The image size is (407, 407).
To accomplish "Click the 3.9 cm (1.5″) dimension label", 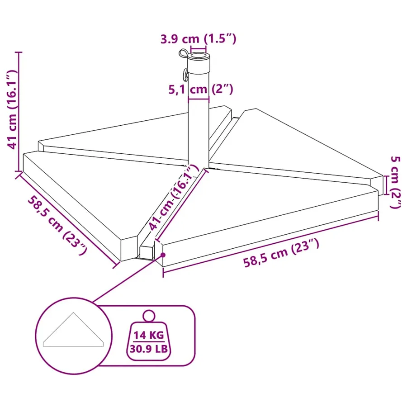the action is pos(199,39).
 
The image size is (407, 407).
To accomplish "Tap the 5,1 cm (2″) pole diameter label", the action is pos(201,89).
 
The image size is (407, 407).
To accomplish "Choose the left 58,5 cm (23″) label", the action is pos(57,225).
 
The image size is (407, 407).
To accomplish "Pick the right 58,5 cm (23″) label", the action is pos(281,253).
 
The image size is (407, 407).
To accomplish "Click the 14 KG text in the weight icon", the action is pos(149,335).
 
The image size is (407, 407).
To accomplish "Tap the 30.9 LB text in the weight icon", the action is pos(149,349).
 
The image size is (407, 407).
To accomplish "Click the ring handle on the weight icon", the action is pos(149,316).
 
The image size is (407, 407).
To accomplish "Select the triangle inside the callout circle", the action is pos(73,330).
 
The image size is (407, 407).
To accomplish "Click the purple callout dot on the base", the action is pos(163,255).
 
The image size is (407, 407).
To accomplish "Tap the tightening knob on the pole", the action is pos(185,75).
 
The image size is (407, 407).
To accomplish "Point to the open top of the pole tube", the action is pos(199,56).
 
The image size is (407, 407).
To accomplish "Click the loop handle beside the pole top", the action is pos(183,54).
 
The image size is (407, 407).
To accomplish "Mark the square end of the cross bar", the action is pos(147,252).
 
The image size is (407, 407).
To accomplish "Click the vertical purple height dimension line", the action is pos(19,112).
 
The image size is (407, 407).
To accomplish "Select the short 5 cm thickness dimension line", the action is pos(386,185).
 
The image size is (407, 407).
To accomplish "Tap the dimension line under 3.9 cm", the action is pos(199,49).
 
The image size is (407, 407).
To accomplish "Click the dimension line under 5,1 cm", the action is pos(199,99).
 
